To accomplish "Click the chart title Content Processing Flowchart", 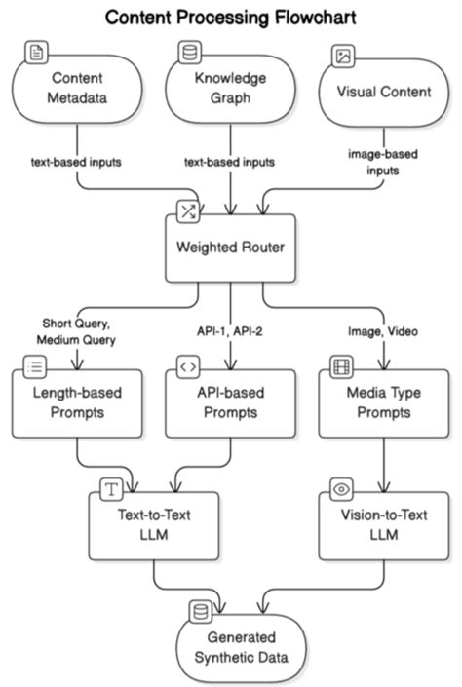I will tap(231, 17).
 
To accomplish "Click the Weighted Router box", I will tap(230, 247).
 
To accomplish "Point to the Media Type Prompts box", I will tap(383, 404).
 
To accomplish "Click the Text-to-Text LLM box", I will tap(152, 526).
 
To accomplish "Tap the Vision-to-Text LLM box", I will tap(383, 526).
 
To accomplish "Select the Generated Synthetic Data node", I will tap(230, 647).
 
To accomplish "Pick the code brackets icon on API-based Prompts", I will tap(186, 367).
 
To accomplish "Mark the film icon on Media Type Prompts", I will tap(340, 367).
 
